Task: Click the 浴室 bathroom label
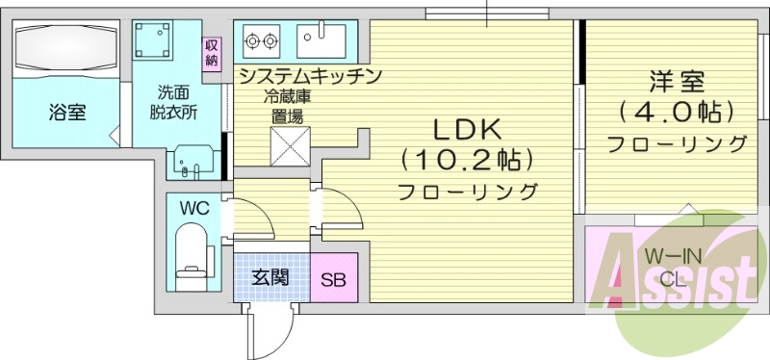66,113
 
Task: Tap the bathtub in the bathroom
66,44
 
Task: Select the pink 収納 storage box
211,53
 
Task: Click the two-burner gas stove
261,41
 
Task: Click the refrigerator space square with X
288,147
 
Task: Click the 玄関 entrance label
270,278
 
